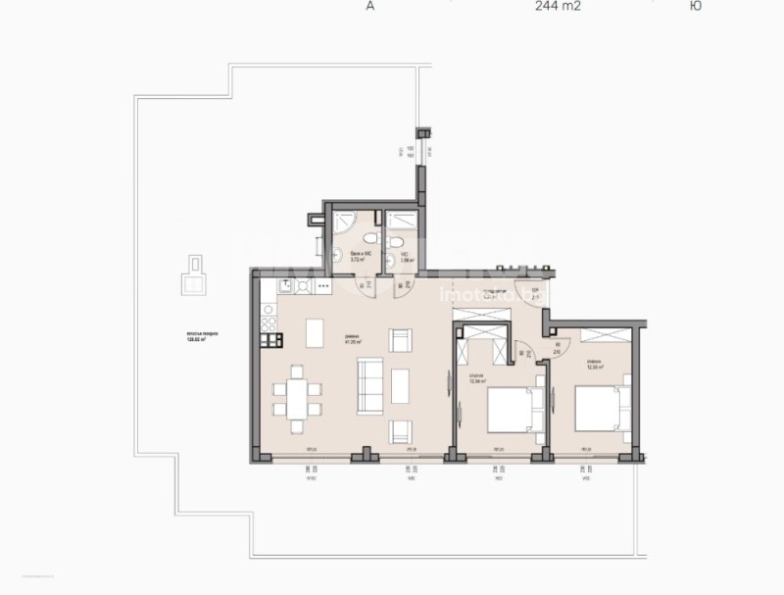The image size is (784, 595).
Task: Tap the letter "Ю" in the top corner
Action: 695,6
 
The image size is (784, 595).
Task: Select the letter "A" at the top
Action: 369,6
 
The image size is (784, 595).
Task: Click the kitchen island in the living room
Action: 316,333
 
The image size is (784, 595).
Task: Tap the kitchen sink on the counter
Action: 283,287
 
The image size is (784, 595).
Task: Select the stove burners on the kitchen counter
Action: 304,287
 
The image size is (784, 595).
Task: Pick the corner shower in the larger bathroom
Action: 344,222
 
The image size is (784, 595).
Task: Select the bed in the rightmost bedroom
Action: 599,408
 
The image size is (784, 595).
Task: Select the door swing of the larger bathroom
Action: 362,288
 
